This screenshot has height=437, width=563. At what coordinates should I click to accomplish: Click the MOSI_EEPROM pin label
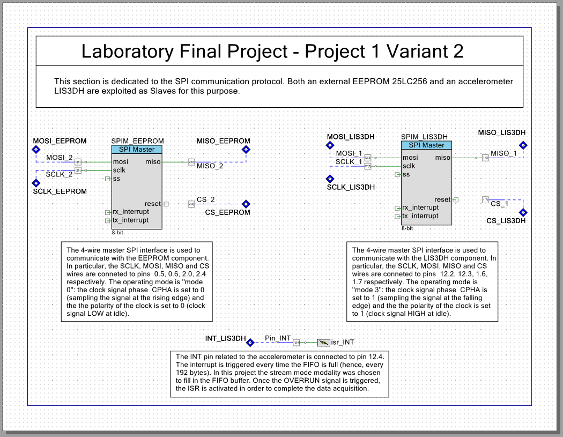[60, 141]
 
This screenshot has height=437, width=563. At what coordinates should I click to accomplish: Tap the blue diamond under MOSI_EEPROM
[36, 150]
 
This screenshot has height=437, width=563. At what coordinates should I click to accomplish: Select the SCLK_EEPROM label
[60, 191]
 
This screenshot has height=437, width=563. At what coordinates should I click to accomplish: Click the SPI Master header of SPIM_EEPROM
[137, 149]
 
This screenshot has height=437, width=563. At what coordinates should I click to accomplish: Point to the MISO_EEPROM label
[224, 141]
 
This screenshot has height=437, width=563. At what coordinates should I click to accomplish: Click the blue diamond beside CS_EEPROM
[246, 204]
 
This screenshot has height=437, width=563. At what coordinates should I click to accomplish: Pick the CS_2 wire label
[205, 199]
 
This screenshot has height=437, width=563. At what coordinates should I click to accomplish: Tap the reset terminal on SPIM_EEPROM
[166, 204]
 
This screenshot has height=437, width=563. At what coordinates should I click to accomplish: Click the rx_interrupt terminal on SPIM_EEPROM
[108, 212]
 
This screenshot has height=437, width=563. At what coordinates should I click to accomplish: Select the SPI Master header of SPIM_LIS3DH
[426, 145]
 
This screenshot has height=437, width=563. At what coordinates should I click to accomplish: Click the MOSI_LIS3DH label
[351, 137]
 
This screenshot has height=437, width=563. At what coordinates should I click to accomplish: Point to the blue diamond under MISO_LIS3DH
[523, 145]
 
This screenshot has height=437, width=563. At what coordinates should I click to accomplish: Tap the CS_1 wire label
[499, 204]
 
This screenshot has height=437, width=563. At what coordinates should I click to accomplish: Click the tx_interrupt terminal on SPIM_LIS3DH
[397, 216]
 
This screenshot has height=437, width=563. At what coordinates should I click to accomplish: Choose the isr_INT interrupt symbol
[324, 342]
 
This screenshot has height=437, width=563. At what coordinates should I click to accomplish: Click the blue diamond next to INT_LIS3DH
[250, 342]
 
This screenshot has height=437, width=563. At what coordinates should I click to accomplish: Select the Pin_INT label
[278, 338]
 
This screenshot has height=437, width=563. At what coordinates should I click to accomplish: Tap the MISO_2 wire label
[210, 166]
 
